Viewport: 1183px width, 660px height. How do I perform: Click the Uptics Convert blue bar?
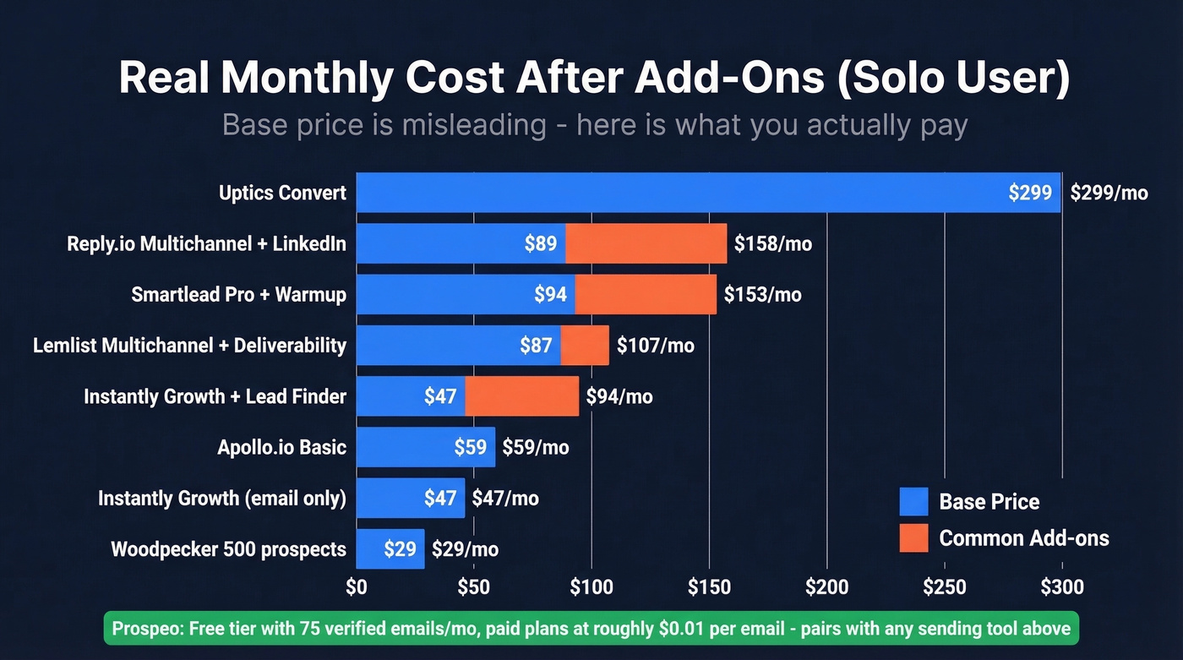(676, 193)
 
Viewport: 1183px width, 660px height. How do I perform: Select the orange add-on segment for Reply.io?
(646, 244)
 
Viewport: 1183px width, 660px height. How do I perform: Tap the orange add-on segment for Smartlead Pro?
(646, 295)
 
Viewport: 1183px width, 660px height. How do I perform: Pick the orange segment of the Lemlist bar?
(585, 346)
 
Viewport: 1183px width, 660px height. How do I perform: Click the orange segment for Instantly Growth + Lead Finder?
(522, 396)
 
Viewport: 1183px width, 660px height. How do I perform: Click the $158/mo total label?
(772, 244)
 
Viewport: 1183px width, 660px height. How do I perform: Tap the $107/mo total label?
(656, 346)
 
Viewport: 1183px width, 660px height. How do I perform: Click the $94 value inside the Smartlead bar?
(550, 295)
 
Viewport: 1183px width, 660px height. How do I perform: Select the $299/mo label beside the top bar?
(1109, 193)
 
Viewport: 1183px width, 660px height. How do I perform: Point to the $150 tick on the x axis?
(709, 586)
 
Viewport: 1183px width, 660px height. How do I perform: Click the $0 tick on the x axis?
(357, 586)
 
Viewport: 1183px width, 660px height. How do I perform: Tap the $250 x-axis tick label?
(944, 586)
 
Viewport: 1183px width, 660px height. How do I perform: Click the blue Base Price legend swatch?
(913, 501)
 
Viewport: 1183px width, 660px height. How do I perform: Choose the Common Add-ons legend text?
(1023, 538)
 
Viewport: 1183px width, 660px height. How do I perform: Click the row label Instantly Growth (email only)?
(222, 499)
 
